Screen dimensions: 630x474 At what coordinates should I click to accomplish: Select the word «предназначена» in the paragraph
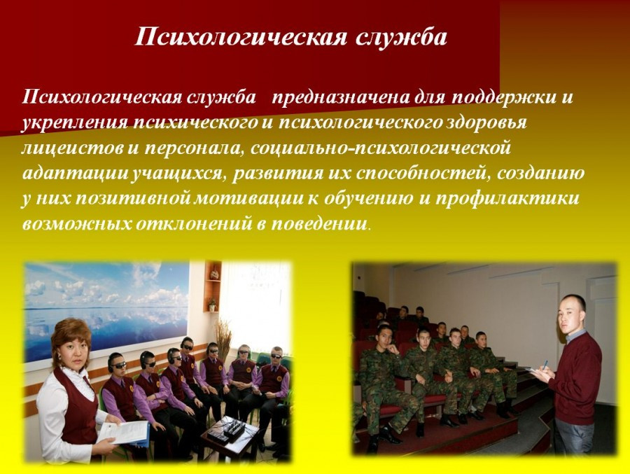pyautogui.click(x=341, y=98)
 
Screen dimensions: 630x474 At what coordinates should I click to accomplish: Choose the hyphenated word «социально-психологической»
pyautogui.click(x=380, y=148)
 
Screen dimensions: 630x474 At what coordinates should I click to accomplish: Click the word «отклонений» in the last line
pyautogui.click(x=193, y=224)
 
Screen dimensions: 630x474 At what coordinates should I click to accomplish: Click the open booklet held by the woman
pyautogui.click(x=123, y=433)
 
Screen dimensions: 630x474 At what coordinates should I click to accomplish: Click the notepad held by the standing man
pyautogui.click(x=533, y=370)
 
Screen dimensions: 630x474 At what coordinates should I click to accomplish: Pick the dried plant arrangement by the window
pyautogui.click(x=223, y=342)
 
